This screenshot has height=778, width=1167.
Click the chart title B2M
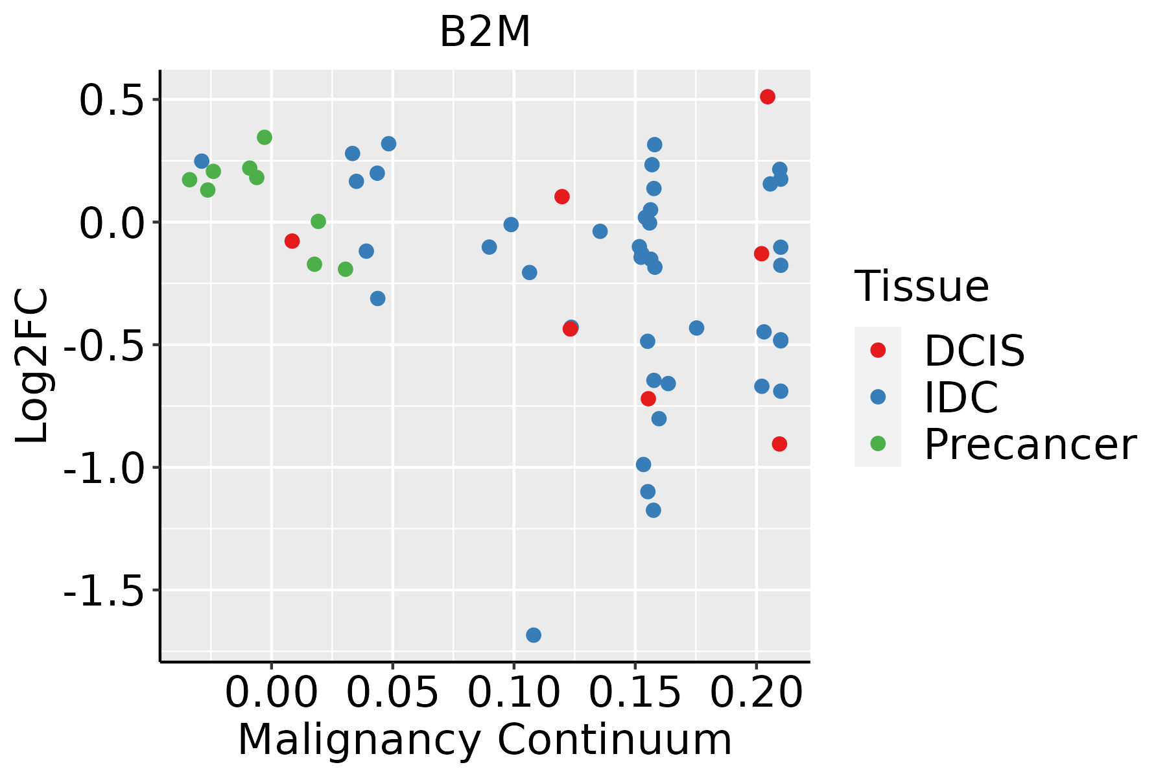(x=485, y=32)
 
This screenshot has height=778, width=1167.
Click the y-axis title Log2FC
(x=32, y=366)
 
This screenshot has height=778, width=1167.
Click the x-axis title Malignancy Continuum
(x=485, y=740)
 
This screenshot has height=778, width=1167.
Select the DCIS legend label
(x=974, y=351)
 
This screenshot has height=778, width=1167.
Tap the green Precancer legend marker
(x=878, y=443)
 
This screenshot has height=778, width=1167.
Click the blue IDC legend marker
(x=878, y=397)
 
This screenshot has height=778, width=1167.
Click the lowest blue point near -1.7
(x=534, y=635)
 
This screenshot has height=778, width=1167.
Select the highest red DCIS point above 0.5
(x=768, y=97)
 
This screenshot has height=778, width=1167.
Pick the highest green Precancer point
(x=265, y=137)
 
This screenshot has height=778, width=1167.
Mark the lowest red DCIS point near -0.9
(x=779, y=444)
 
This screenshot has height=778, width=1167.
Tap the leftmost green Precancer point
(x=189, y=180)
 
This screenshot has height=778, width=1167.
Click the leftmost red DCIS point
(x=292, y=241)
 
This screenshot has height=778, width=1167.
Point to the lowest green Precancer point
(x=346, y=269)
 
